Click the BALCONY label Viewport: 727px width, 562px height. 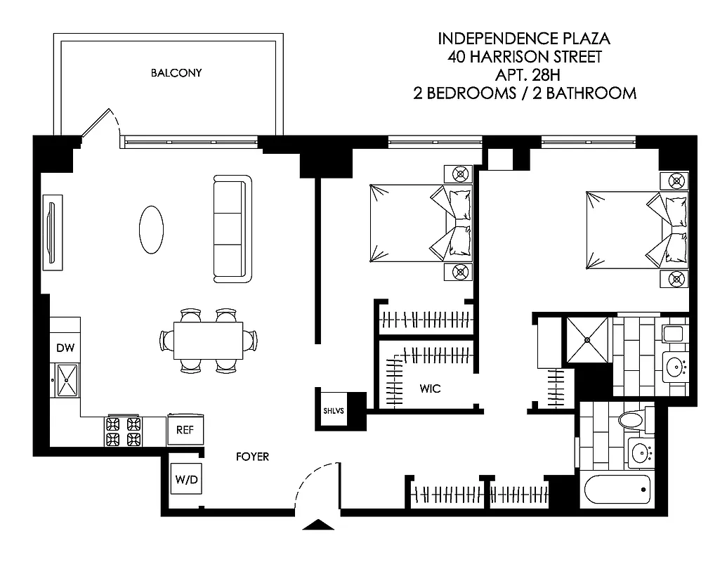176,73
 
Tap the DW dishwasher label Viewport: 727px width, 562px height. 65,346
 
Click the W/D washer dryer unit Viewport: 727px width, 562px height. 186,481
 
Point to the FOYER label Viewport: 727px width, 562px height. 252,457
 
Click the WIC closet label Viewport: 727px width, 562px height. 430,388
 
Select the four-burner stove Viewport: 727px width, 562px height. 124,431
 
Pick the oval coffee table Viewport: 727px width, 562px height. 151,229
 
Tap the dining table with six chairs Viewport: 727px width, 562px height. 209,340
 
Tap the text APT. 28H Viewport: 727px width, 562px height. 525,74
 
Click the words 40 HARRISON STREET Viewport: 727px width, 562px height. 525,57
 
